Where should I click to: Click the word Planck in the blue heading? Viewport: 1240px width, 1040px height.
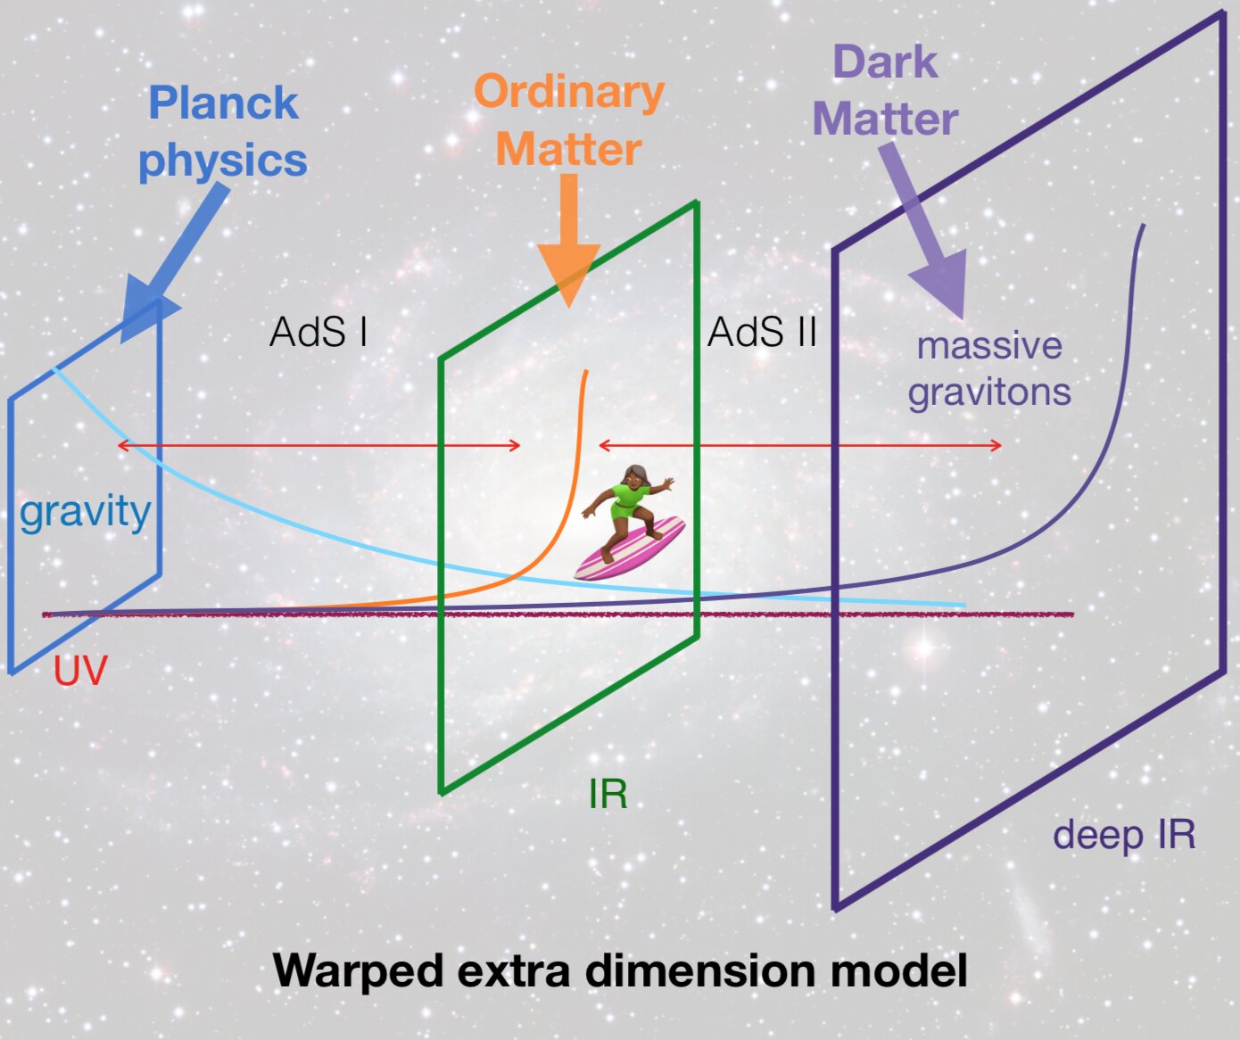[223, 103]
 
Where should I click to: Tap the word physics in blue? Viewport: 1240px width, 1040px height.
[223, 161]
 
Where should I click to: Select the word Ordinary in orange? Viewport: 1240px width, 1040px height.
[569, 92]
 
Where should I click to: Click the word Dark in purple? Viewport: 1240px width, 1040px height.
[885, 63]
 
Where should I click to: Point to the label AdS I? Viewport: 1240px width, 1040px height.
[318, 333]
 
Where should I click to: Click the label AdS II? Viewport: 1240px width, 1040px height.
[762, 333]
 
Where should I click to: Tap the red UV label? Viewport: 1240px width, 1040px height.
[80, 671]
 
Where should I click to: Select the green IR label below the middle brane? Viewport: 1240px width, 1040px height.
[608, 794]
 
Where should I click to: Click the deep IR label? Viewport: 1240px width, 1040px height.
[1123, 835]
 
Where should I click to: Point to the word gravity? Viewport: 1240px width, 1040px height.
[85, 512]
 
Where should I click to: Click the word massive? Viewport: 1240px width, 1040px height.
[989, 346]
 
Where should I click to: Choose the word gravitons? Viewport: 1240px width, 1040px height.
[989, 392]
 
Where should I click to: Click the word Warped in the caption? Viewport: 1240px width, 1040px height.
[357, 970]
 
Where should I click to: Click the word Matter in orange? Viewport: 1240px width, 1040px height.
[569, 149]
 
